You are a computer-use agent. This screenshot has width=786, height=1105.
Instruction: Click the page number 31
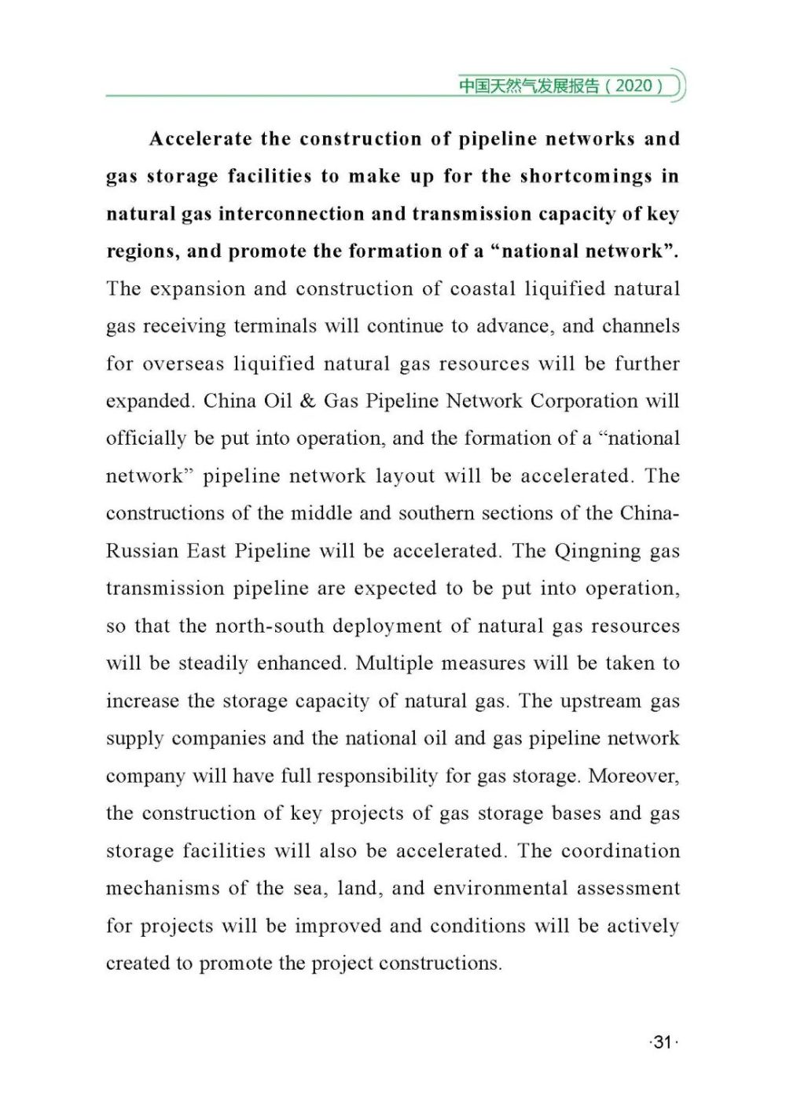pos(663,1042)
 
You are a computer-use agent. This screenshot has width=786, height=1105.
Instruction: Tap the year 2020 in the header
pos(634,85)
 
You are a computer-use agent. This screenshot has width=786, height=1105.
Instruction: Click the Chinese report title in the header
pos(529,85)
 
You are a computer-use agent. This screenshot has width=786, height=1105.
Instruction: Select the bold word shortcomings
pos(586,176)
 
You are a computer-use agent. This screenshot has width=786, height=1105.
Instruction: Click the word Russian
pos(142,551)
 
